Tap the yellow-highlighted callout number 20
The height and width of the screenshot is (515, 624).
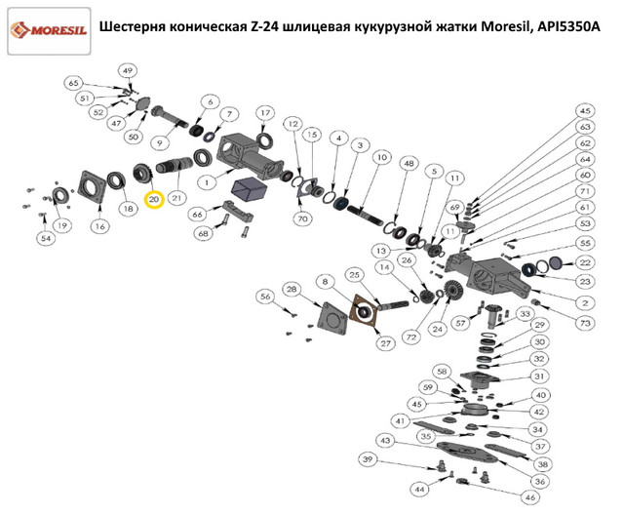(153, 199)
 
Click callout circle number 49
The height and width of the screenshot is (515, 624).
(128, 70)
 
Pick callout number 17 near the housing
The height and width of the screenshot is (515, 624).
(263, 114)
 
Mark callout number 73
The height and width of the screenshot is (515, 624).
(585, 322)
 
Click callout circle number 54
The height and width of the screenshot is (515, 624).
(45, 239)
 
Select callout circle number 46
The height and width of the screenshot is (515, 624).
(531, 496)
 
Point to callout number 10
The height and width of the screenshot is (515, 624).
(381, 157)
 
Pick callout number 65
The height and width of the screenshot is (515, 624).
(73, 84)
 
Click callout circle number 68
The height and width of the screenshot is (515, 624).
(204, 234)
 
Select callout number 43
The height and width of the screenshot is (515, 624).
(386, 441)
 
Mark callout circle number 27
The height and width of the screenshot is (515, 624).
(385, 342)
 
